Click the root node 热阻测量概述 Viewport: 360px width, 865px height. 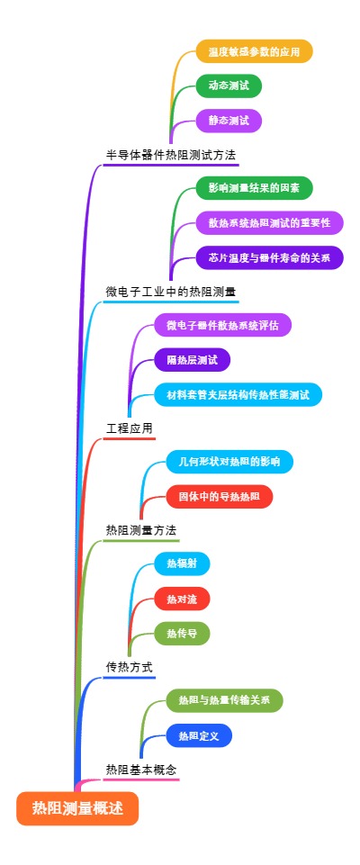77,808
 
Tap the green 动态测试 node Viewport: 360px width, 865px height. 229,86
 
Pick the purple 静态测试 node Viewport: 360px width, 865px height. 229,120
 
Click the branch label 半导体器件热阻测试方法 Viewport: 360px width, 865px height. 171,155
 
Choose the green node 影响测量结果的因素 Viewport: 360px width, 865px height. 254,188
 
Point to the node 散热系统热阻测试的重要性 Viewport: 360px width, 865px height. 269,222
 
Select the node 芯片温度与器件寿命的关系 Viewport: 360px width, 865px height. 269,257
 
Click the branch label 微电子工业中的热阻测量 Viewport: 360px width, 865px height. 171,292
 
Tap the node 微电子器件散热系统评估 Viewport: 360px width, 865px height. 223,325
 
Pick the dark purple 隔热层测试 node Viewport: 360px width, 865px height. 192,360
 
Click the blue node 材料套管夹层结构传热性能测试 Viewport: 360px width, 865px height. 238,394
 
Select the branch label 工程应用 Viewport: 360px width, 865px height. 130,428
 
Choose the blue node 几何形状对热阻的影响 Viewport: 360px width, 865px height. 229,462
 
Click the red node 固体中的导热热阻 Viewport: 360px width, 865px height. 219,496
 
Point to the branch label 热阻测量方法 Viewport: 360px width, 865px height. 141,530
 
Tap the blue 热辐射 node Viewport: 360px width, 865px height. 182,564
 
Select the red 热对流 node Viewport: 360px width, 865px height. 182,599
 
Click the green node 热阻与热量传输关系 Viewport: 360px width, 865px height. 224,700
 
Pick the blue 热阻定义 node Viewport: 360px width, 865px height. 199,735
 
